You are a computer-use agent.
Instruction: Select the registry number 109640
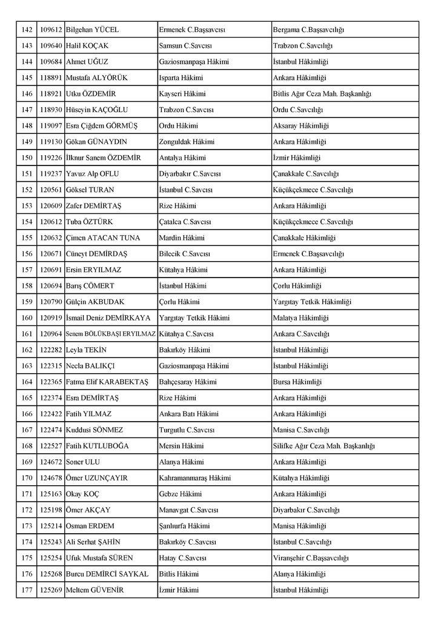pyautogui.click(x=51, y=45)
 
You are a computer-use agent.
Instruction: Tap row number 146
pyautogui.click(x=25, y=94)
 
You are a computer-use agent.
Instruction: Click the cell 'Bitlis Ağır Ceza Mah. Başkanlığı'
pyautogui.click(x=322, y=94)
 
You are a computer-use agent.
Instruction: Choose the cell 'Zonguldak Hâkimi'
pyautogui.click(x=187, y=142)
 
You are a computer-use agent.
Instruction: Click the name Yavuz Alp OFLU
pyautogui.click(x=92, y=174)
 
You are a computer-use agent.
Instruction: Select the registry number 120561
pyautogui.click(x=51, y=190)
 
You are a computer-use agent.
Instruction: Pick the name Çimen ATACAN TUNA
pyautogui.click(x=100, y=237)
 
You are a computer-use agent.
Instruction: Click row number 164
pyautogui.click(x=25, y=382)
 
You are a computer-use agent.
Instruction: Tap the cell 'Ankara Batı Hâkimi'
pyautogui.click(x=189, y=414)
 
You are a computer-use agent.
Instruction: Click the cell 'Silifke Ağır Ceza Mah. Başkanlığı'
pyautogui.click(x=324, y=446)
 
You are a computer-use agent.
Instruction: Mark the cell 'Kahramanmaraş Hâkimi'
pyautogui.click(x=195, y=477)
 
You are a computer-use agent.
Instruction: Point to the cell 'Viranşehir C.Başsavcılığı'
pyautogui.click(x=311, y=557)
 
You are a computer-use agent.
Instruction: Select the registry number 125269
pyautogui.click(x=51, y=589)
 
